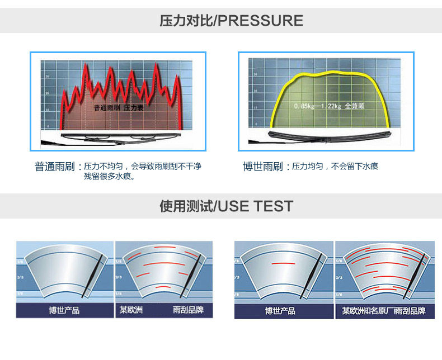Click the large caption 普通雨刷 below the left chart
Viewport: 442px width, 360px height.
point(54,167)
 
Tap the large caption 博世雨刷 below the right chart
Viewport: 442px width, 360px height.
point(262,167)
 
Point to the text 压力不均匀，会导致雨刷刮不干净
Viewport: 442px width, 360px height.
point(142,167)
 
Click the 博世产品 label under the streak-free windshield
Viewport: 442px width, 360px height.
point(64,310)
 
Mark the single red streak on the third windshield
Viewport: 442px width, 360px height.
point(283,263)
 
